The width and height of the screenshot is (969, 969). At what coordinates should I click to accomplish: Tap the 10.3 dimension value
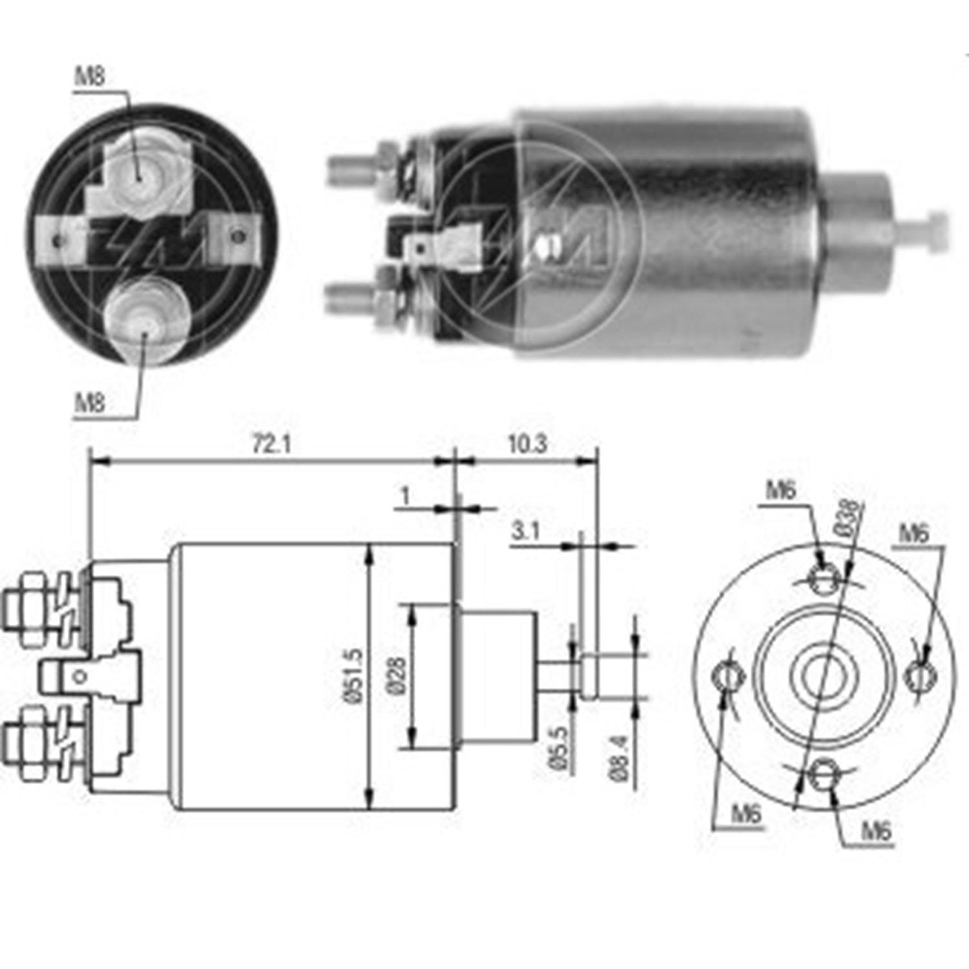(527, 444)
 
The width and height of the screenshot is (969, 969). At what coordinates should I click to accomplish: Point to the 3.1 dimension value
(525, 531)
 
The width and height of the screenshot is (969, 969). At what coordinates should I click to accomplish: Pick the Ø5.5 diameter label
(559, 747)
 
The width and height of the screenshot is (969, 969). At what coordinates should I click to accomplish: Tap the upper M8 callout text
(90, 78)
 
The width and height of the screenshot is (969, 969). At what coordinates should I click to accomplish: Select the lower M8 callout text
(90, 404)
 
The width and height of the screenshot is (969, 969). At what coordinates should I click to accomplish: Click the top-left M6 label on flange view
(780, 491)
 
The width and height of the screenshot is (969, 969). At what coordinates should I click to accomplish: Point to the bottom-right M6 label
(877, 831)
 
